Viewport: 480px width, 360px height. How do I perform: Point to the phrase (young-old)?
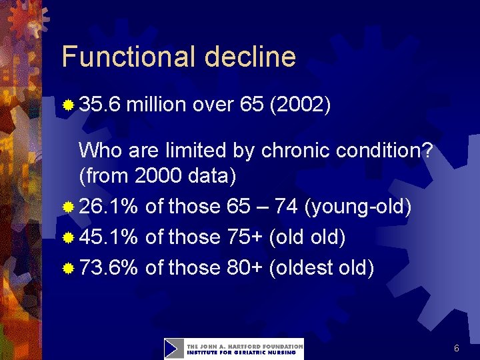click(x=357, y=207)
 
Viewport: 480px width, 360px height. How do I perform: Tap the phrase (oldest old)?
click(x=322, y=267)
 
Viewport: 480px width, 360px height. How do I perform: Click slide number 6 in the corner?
click(x=457, y=348)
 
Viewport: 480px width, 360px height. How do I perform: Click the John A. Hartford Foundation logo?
click(x=233, y=349)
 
